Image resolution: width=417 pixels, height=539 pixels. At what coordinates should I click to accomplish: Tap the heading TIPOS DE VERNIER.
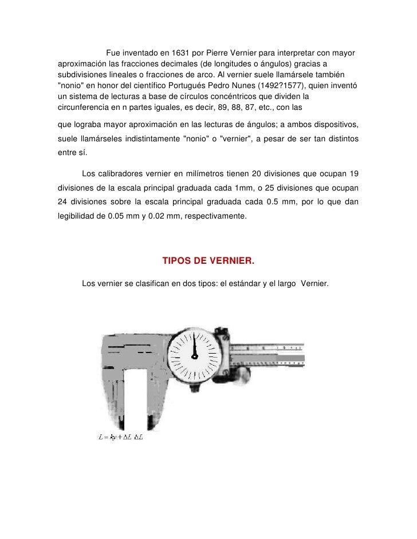[208, 261]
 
